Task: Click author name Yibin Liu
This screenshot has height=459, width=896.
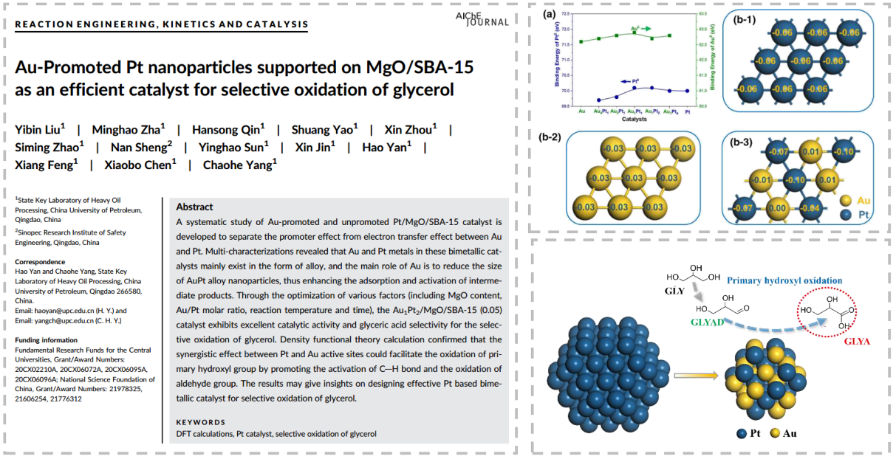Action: coord(39,130)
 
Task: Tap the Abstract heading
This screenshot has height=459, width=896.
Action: coord(195,207)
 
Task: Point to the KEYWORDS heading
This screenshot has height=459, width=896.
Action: coord(200,422)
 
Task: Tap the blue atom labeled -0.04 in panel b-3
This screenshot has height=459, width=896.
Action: coord(810,208)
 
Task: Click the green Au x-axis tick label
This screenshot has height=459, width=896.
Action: coord(581,111)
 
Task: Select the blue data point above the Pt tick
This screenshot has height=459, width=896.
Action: coord(687,91)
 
